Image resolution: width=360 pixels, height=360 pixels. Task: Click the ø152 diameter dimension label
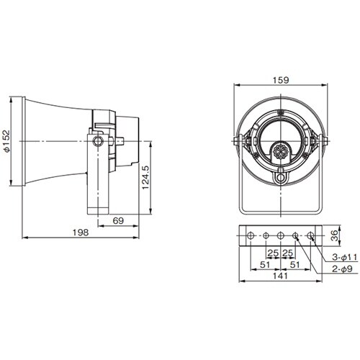6,141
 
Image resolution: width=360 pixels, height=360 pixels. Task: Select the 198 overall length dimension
81,233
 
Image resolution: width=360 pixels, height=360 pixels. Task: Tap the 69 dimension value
118,220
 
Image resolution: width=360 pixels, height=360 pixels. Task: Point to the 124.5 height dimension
145,178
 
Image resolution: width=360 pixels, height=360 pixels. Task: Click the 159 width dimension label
281,80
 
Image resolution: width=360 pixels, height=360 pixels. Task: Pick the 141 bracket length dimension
280,276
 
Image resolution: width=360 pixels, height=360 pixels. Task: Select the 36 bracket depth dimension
334,235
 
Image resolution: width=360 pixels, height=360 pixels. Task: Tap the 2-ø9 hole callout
342,269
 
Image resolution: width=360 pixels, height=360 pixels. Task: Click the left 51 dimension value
265,265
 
